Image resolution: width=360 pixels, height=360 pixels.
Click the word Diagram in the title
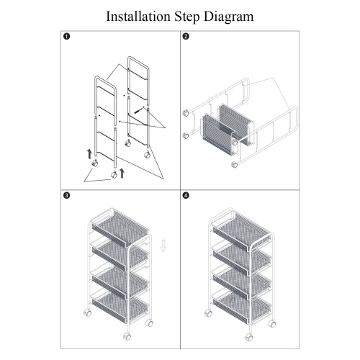229,15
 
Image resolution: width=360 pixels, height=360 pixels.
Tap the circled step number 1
66,39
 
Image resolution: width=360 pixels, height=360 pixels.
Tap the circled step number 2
186,39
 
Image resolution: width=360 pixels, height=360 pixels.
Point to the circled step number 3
66,195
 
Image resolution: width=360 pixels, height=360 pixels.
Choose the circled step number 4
186,195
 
